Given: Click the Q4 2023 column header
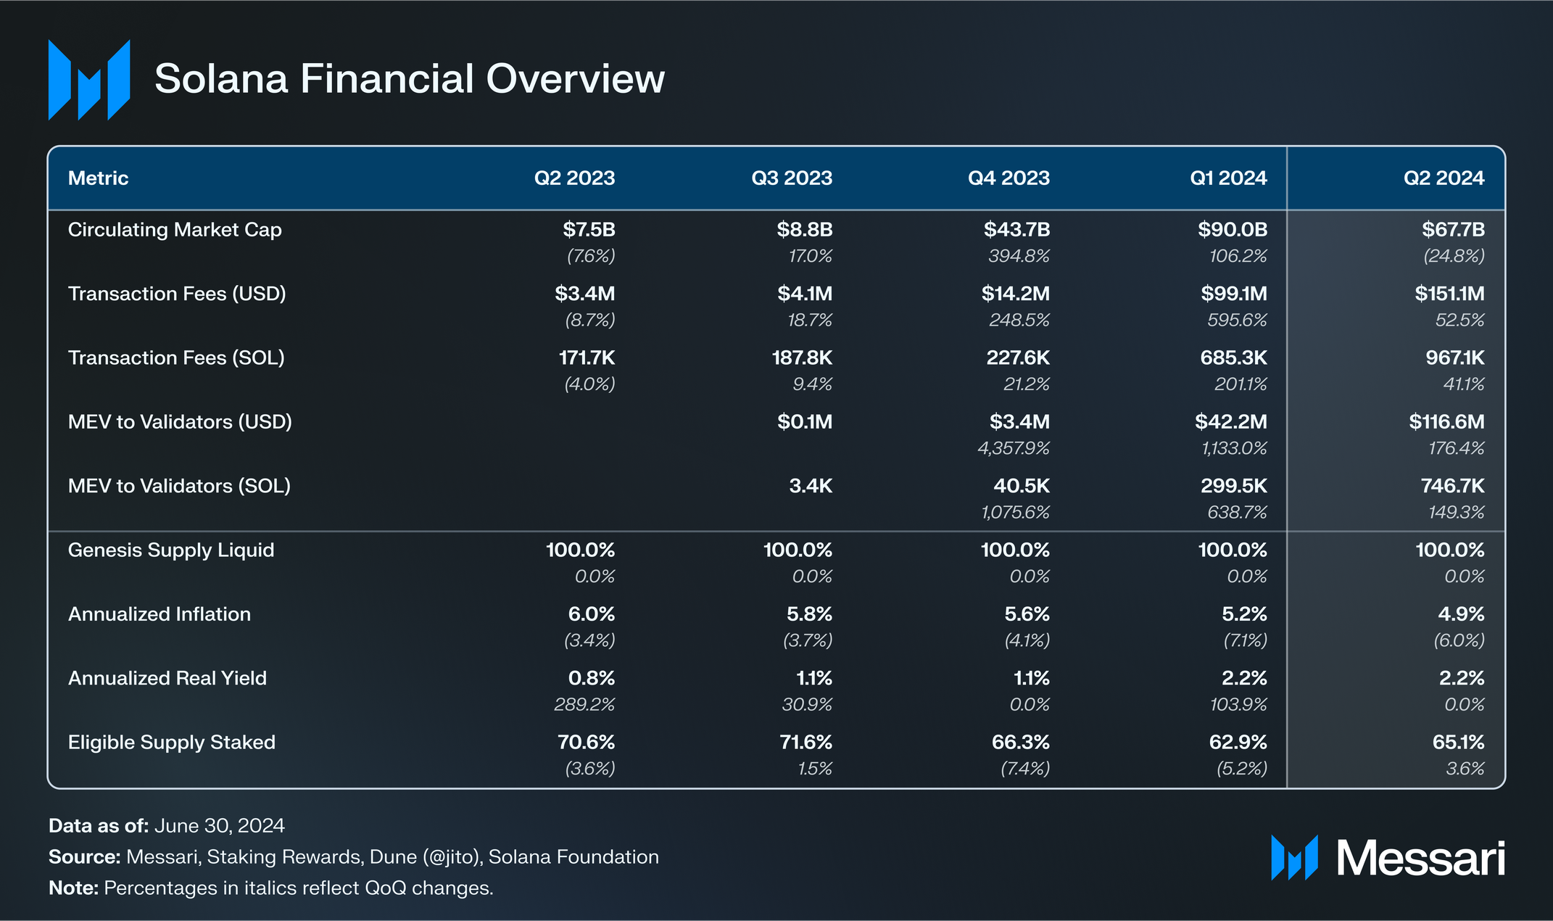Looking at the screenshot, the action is tap(1009, 178).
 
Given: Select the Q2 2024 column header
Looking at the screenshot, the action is tap(1444, 178).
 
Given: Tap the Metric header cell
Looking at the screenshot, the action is tap(98, 178).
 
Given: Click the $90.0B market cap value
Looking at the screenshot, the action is tap(1233, 230).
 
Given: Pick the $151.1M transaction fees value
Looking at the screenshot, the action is tap(1449, 294).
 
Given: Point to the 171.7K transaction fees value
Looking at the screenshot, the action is tap(587, 358).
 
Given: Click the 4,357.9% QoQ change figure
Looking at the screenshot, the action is tap(1013, 448).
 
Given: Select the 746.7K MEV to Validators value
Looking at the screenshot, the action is tap(1452, 486).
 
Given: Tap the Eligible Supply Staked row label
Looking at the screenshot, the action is tap(172, 743).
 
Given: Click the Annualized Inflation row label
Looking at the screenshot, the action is tap(160, 614).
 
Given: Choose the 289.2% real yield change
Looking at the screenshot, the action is tap(584, 704).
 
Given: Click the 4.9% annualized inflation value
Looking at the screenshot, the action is tap(1461, 614).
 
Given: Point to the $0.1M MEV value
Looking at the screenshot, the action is tap(805, 422).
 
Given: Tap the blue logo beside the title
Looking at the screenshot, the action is tap(89, 80).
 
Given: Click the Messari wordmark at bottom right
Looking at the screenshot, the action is tap(1420, 859).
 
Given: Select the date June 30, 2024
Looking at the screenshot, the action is tap(219, 826).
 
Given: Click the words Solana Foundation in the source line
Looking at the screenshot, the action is tap(573, 857).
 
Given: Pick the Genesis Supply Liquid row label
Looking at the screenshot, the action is tap(171, 550).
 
